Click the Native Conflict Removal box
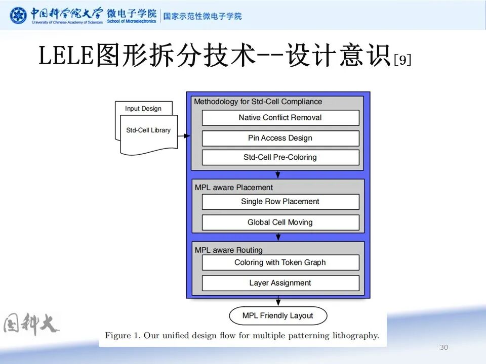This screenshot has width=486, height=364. (x=280, y=118)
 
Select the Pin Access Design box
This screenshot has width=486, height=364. (x=280, y=138)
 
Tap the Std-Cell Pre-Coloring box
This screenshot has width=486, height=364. (x=280, y=157)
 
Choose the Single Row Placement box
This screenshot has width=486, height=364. (x=280, y=202)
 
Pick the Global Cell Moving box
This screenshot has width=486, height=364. (x=280, y=222)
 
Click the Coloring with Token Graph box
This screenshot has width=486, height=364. (x=280, y=262)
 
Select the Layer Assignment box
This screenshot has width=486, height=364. (x=280, y=283)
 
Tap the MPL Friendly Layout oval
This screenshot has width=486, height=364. (x=278, y=316)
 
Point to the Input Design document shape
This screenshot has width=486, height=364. (x=143, y=108)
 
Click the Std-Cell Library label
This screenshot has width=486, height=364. (x=148, y=130)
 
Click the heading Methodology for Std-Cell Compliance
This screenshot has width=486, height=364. (x=258, y=102)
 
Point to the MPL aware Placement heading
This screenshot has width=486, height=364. (x=234, y=188)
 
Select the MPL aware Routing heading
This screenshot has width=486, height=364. (x=229, y=250)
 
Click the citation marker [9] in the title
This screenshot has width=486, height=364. (x=402, y=60)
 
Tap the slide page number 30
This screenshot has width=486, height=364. (x=444, y=347)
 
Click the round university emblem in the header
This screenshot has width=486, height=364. (x=19, y=16)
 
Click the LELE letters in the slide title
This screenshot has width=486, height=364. (x=66, y=56)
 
